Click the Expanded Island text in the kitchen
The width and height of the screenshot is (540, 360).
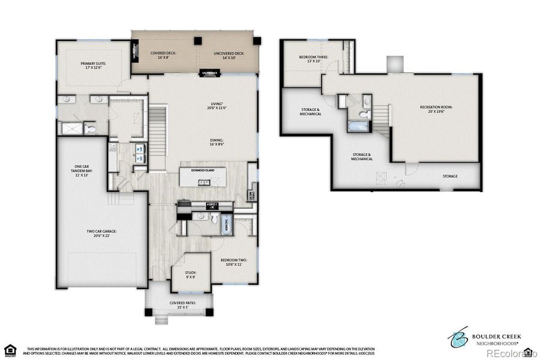tap(203, 170)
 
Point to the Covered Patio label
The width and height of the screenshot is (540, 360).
tap(182, 305)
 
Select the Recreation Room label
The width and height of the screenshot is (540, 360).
tap(436, 109)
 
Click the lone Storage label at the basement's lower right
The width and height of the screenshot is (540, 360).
tap(450, 176)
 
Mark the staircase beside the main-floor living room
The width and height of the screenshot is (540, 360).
tap(158, 129)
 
